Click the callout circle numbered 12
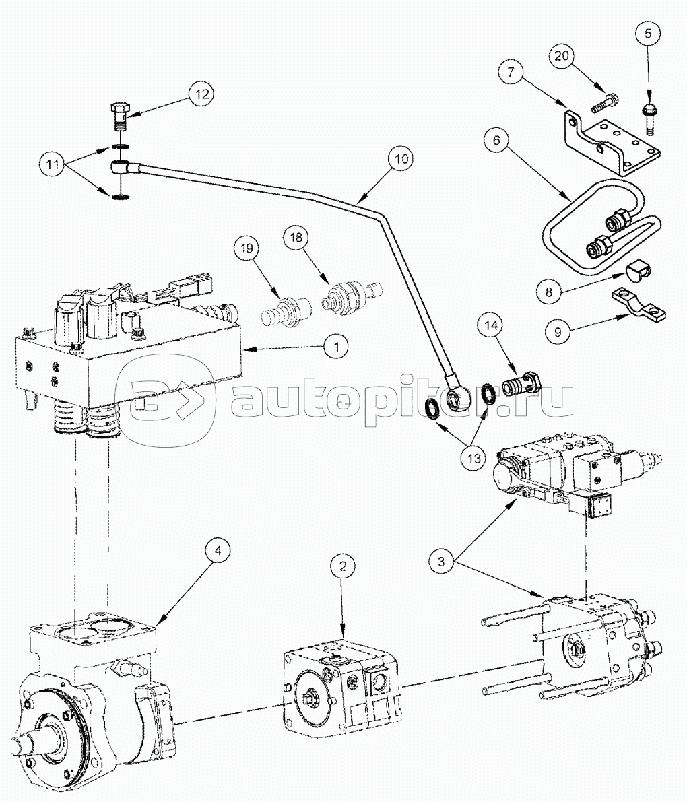coord(200,94)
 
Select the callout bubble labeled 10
coord(401,160)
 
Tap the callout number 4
coord(216,551)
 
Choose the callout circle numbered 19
coord(247,249)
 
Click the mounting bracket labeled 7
coord(603,139)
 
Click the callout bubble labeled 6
coord(496,141)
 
